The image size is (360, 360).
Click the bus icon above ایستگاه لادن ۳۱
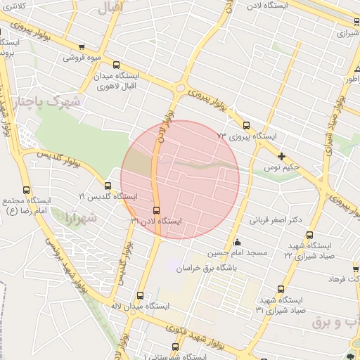pyautogui.click(x=156, y=210)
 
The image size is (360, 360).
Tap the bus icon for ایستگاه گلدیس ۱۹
pyautogui.click(x=108, y=186)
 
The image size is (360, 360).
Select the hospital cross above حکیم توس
pyautogui.click(x=281, y=156)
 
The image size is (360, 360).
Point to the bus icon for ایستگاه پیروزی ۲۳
pyautogui.click(x=245, y=125)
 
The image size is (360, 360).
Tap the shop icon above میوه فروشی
pyautogui.click(x=83, y=46)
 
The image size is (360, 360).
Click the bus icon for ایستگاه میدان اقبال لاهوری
pyautogui.click(x=125, y=65)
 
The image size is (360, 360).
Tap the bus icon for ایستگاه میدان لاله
pyautogui.click(x=140, y=296)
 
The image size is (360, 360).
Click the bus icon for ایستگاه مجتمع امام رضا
pyautogui.click(x=26, y=190)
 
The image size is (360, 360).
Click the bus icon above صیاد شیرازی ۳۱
pyautogui.click(x=281, y=289)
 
